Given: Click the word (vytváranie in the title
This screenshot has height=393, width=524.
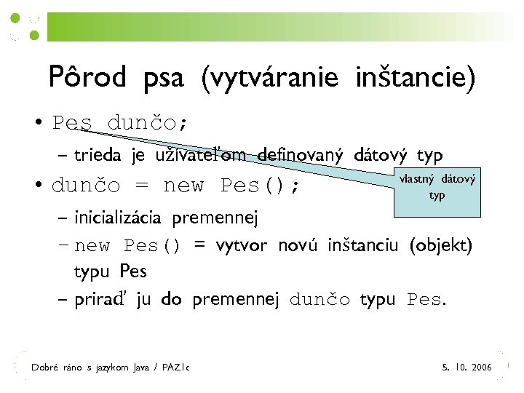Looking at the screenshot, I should click(x=269, y=78).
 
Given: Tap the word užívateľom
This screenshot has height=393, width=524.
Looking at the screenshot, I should click(x=198, y=155).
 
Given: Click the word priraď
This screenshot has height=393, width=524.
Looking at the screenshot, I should click(x=101, y=299).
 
